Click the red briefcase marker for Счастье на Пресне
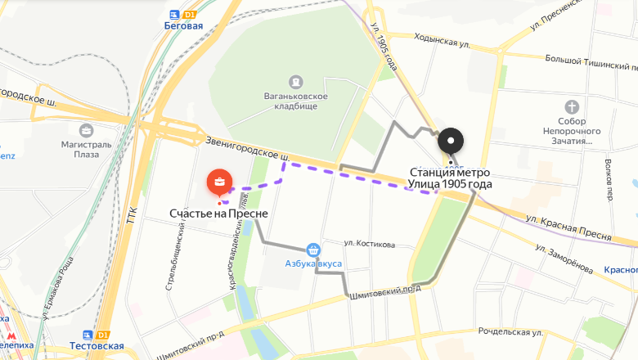point(219,181)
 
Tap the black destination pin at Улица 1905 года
point(451,142)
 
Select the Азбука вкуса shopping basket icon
point(313,250)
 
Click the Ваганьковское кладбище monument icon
point(294,82)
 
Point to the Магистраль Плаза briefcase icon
point(86,129)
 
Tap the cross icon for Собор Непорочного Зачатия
point(573,107)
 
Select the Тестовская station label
point(97,346)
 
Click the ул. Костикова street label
point(369,245)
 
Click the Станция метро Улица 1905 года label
point(450,178)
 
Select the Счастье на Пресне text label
point(218,214)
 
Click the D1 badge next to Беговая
point(191,15)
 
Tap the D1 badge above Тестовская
point(102,335)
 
